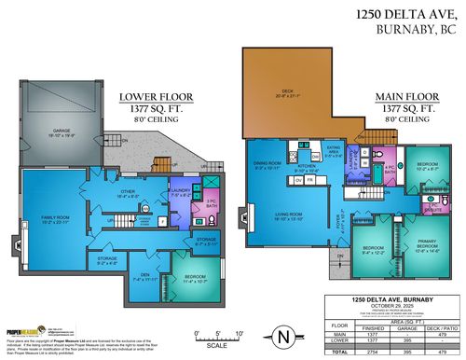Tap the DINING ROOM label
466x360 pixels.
coord(268,166)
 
